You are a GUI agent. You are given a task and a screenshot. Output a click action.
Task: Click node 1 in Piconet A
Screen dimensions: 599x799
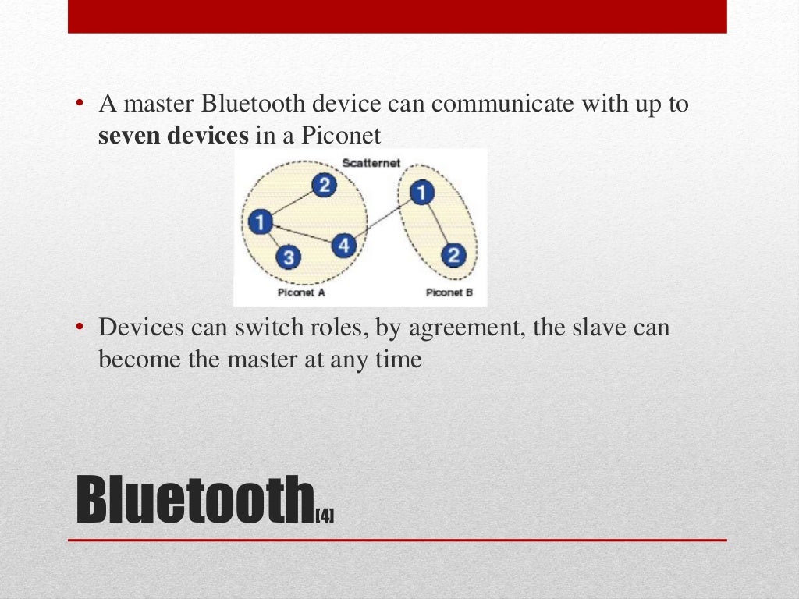tap(260, 223)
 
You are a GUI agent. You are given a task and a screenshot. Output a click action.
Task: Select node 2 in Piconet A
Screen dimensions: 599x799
tap(325, 185)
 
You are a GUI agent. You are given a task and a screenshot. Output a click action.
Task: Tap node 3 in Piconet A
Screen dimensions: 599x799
tap(288, 257)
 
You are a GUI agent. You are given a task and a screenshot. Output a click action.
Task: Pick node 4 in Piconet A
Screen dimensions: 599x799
tap(343, 246)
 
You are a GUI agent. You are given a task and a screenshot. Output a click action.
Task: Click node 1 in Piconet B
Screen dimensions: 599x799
tap(421, 193)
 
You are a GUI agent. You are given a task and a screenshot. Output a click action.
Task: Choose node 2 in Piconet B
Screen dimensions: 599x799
tap(453, 254)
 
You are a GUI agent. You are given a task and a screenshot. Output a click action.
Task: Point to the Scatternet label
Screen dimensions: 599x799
tap(371, 163)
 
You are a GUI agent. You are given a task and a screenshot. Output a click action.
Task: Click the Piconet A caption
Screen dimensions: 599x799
tap(301, 292)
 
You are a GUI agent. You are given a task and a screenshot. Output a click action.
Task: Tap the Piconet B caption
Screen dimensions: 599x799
tap(444, 292)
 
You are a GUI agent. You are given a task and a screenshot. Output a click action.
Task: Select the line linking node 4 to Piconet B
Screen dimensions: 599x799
tap(382, 219)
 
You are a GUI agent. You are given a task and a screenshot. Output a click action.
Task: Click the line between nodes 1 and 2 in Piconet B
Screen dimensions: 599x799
tap(438, 224)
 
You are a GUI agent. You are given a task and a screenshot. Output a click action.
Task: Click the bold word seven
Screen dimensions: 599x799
tap(129, 136)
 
